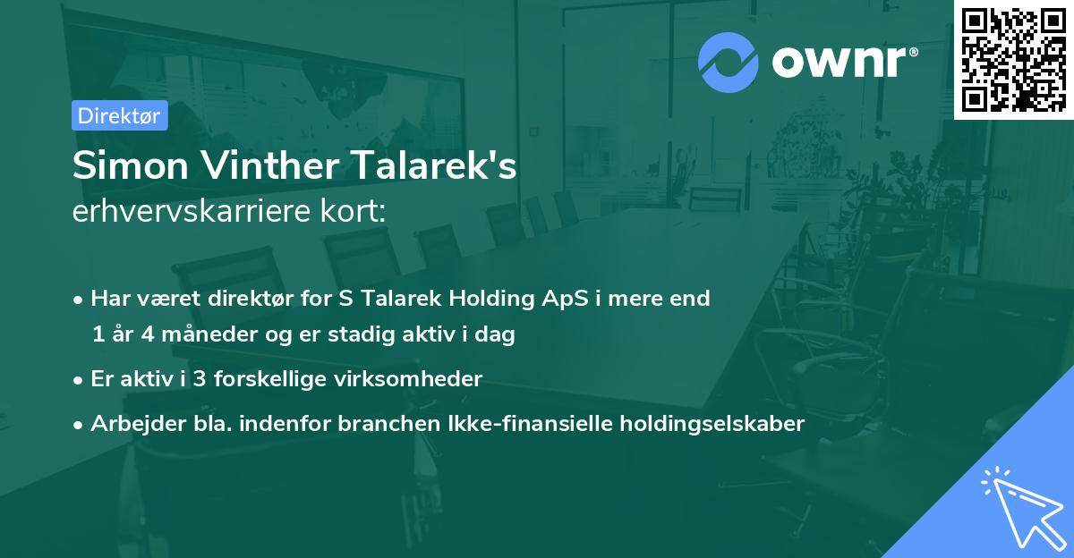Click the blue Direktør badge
pos(119,115)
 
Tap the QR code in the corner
pos(1013,60)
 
